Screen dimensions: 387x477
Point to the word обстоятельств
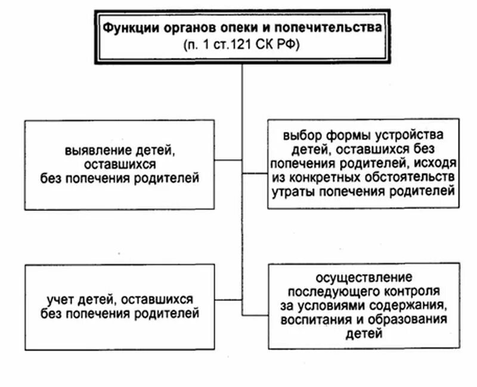point(408,178)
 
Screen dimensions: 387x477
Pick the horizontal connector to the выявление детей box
point(228,160)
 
